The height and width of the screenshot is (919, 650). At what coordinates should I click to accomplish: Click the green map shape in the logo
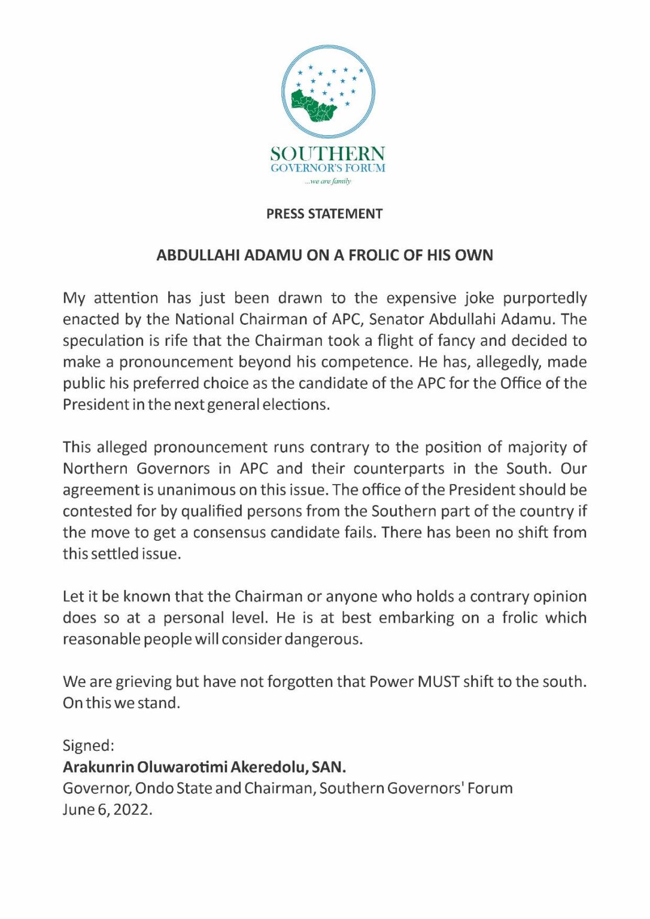[x=313, y=106]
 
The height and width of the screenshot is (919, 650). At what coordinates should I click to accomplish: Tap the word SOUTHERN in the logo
[x=327, y=154]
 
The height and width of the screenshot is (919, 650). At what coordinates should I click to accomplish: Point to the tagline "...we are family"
[x=328, y=181]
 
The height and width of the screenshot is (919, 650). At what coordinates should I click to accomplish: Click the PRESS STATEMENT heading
[x=324, y=214]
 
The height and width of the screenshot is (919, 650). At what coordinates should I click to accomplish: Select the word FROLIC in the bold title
[x=373, y=255]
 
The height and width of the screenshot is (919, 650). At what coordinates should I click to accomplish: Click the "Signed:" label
[x=89, y=745]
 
